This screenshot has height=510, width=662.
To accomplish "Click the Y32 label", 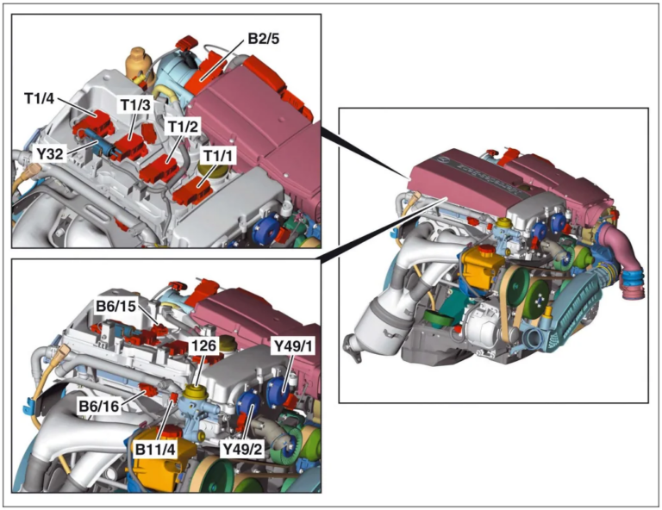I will point(50,152).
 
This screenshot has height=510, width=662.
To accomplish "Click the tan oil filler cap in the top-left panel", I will point(137,62).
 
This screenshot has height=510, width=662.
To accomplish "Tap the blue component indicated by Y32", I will point(104,147).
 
